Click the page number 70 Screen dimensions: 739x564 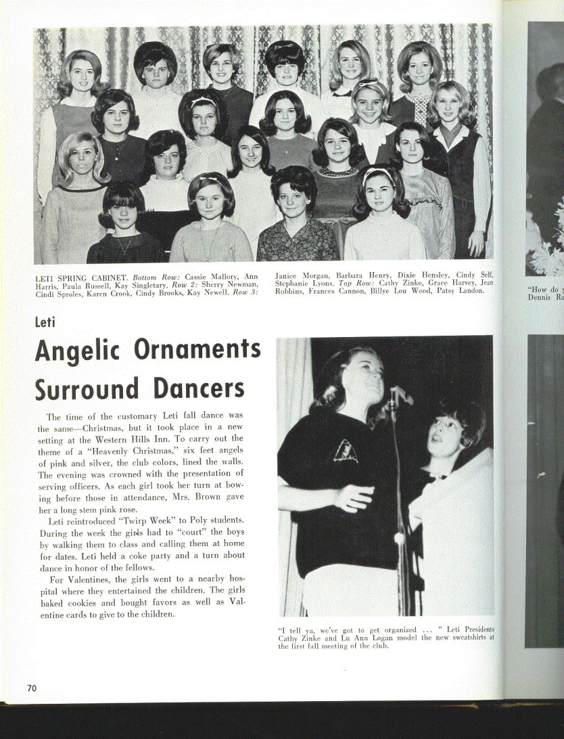32,688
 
